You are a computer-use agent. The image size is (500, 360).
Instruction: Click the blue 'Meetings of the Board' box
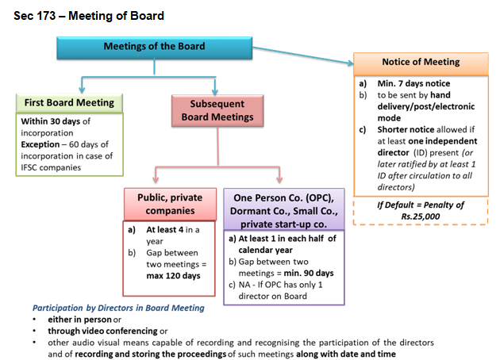154,48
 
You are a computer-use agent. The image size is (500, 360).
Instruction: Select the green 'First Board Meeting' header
69,103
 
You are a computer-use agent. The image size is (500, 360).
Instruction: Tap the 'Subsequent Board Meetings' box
217,110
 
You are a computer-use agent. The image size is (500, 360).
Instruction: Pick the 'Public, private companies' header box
170,205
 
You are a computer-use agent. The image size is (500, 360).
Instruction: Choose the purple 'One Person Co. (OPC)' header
284,209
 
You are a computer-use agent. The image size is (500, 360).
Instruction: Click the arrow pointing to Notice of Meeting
303,56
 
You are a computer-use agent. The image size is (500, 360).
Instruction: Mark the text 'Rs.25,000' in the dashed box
421,216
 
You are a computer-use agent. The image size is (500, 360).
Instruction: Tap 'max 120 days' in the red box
173,276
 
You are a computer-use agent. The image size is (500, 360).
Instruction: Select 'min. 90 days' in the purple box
309,273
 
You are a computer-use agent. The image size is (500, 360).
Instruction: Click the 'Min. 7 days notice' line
413,83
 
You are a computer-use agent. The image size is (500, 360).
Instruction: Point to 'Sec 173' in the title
34,16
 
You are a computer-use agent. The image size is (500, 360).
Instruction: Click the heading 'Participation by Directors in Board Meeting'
118,308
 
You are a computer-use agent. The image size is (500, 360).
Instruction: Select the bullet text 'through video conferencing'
102,331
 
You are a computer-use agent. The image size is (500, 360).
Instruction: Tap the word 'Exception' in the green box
40,144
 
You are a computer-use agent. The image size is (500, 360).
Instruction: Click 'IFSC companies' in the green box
51,167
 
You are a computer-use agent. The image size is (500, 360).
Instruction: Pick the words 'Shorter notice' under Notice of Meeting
406,130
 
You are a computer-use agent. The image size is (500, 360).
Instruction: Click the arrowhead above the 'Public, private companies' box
156,179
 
